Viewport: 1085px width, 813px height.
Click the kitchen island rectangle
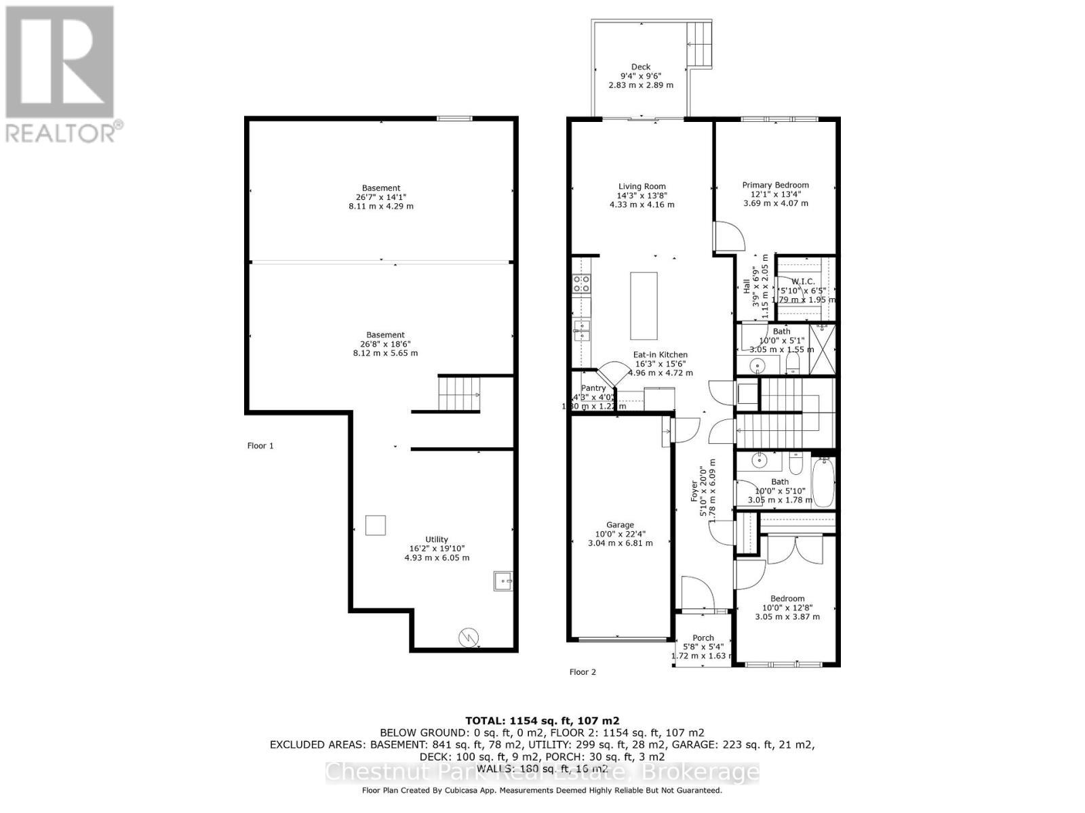pyautogui.click(x=644, y=306)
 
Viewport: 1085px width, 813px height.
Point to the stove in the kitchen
pyautogui.click(x=581, y=283)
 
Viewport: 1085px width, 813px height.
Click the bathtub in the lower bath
pyautogui.click(x=823, y=483)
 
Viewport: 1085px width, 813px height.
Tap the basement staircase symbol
pyautogui.click(x=459, y=394)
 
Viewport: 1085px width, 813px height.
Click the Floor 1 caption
pyautogui.click(x=260, y=446)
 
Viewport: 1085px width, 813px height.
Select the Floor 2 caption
pyautogui.click(x=583, y=672)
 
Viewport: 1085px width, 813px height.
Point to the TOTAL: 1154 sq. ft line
pyautogui.click(x=542, y=721)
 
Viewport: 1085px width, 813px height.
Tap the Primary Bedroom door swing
pyautogui.click(x=729, y=237)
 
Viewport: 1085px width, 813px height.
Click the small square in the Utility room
pyautogui.click(x=376, y=525)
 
